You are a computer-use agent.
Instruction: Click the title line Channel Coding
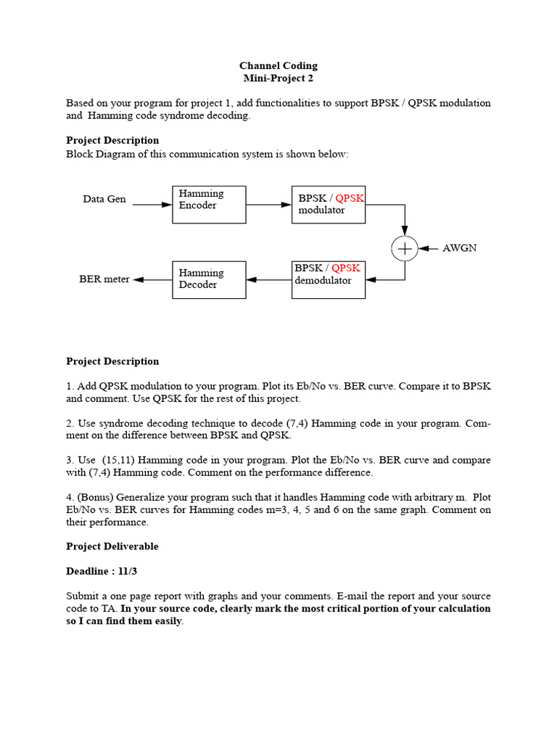278,66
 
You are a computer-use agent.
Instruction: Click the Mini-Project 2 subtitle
278,78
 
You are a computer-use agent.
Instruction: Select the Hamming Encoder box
209,204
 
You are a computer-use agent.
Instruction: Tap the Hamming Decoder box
209,279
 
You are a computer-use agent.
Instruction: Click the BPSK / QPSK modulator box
329,204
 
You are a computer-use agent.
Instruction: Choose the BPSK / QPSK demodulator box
329,279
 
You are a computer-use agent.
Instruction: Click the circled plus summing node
405,248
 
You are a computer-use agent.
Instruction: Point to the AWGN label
460,248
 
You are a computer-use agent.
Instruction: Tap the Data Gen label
104,200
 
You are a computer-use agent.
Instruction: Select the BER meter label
104,279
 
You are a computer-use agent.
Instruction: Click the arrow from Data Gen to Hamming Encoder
152,205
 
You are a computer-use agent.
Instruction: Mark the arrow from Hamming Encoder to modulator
268,205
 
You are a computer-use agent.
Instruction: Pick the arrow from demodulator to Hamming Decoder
268,279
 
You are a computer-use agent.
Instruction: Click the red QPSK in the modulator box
350,198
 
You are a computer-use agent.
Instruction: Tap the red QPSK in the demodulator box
346,268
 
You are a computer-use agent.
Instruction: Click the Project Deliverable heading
112,546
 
